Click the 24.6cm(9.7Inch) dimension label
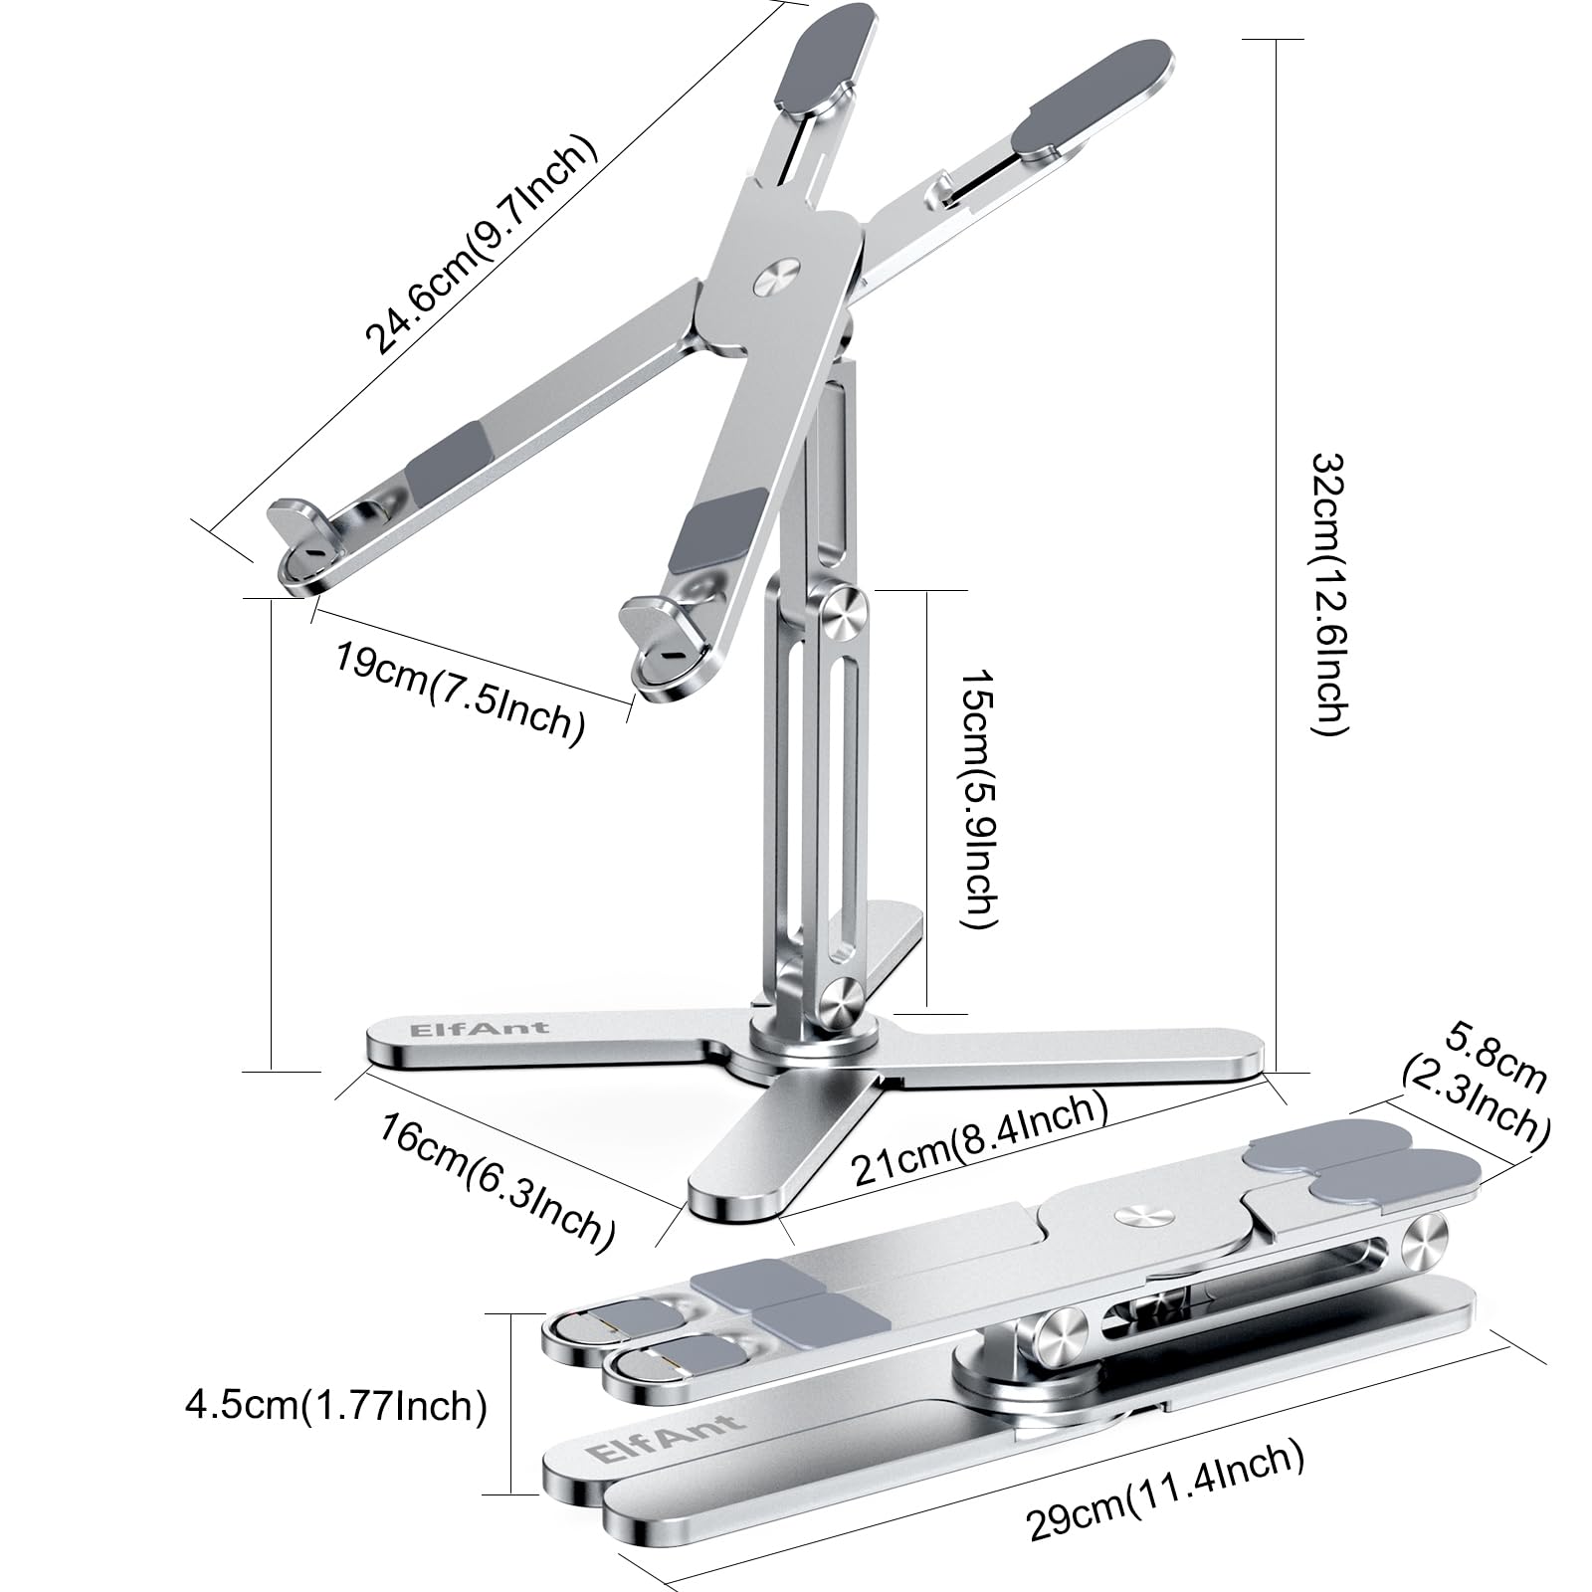pos(483,245)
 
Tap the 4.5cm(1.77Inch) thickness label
pos(336,1406)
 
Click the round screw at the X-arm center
pos(777,280)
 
